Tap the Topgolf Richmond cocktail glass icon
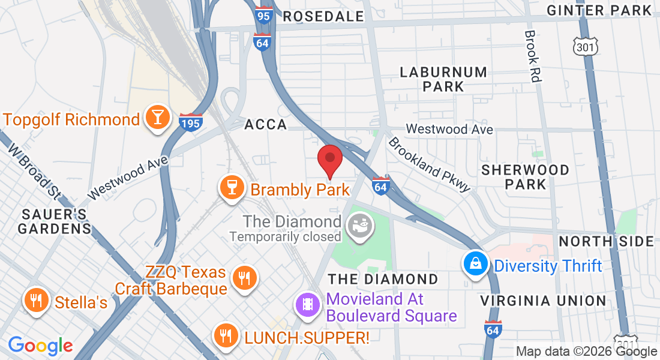tap(157, 118)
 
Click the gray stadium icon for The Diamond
tap(361, 227)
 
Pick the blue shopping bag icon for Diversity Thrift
tap(475, 264)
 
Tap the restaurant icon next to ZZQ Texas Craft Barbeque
tap(244, 278)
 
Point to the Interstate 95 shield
tap(263, 15)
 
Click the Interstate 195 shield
tap(190, 122)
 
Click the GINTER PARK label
tap(599, 10)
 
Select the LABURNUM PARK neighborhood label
tap(443, 79)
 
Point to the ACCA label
tap(266, 125)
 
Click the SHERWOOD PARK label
tap(525, 177)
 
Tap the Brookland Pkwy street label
tap(428, 164)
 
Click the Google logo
tap(40, 346)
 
